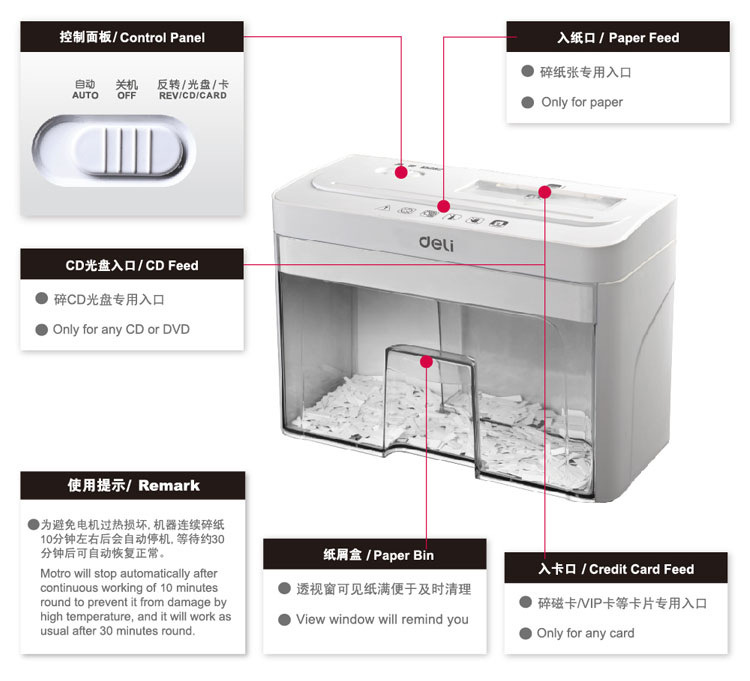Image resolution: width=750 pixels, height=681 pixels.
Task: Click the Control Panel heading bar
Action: point(132,37)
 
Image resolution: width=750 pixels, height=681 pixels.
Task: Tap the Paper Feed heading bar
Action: point(617,38)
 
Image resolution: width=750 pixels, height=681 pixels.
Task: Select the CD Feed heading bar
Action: point(132,265)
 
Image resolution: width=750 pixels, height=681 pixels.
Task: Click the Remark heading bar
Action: point(133,486)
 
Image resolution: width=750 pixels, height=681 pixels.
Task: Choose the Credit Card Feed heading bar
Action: point(616,569)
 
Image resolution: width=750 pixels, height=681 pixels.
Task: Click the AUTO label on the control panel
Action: point(85,90)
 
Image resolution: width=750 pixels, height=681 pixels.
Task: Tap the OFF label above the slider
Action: point(126,90)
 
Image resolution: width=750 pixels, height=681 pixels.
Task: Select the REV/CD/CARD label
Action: point(192,90)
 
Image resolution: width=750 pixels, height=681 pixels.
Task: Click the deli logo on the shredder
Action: point(438,242)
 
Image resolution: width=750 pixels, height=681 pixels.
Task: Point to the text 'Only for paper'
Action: point(582,102)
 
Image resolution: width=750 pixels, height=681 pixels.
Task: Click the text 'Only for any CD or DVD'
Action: point(121,329)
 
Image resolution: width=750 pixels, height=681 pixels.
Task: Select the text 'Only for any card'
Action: point(585,633)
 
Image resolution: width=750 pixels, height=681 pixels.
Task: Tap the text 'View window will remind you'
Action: point(382,619)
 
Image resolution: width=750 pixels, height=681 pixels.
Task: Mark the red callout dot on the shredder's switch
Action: point(401,173)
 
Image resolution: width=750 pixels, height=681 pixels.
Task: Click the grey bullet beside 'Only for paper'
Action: point(528,102)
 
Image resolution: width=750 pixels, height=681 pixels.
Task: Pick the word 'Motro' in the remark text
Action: point(57,573)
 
